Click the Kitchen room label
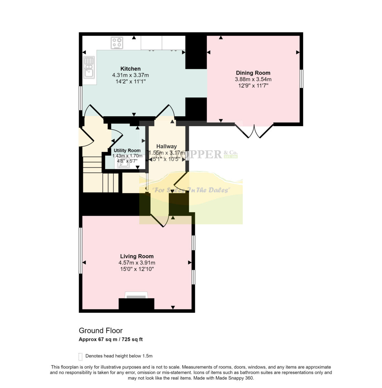130,69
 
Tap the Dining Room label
253,73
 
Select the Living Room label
137,256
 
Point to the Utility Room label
127,150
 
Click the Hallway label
166,146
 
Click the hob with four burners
117,43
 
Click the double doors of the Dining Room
254,131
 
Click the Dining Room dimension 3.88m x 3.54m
253,79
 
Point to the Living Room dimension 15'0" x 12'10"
137,269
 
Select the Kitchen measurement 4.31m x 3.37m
130,75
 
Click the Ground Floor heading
101,330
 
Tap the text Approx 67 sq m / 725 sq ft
111,339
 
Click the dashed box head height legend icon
81,356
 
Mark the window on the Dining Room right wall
301,79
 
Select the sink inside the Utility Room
124,164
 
